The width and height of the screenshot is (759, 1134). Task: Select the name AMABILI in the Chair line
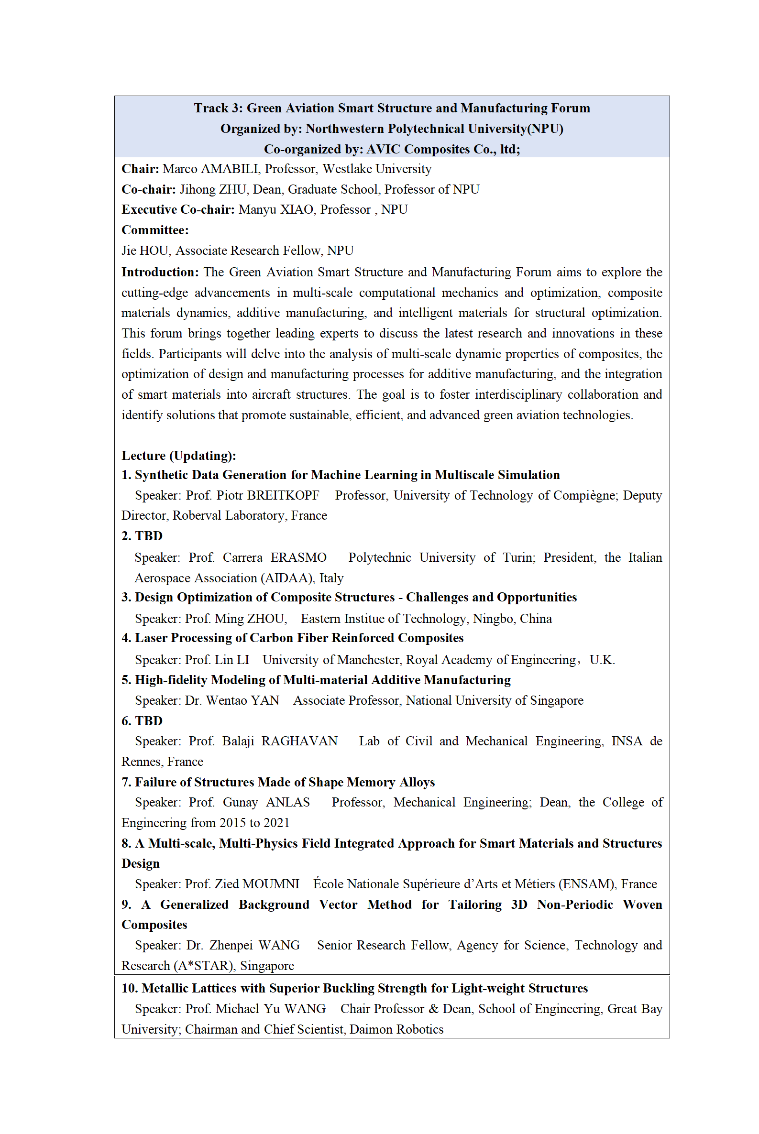click(230, 169)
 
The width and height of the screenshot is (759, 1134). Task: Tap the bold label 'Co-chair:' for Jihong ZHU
click(149, 189)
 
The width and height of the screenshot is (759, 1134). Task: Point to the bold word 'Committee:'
click(155, 230)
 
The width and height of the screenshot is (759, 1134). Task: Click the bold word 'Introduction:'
click(160, 272)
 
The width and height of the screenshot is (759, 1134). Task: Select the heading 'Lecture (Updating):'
click(178, 455)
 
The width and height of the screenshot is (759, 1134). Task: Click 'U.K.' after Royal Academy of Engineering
click(602, 660)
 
